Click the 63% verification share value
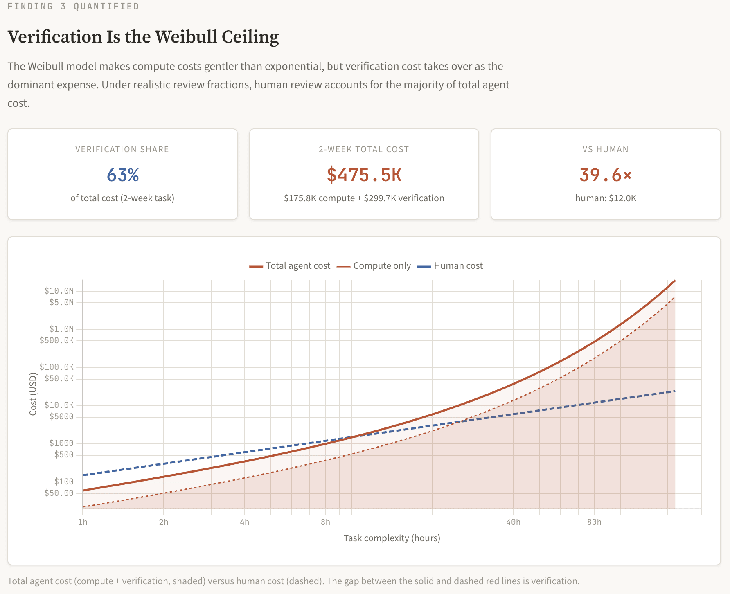(x=123, y=175)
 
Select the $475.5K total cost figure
(x=364, y=175)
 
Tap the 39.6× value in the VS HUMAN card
(x=605, y=175)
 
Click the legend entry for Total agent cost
(x=290, y=266)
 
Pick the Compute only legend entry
(x=374, y=266)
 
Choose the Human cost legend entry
(x=450, y=266)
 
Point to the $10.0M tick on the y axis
(x=59, y=291)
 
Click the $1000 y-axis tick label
(x=61, y=443)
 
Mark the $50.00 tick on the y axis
(x=59, y=493)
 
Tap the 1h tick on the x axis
(x=83, y=522)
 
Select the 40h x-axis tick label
(x=513, y=522)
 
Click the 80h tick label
(x=594, y=522)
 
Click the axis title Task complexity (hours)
(x=392, y=538)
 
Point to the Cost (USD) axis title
(x=33, y=394)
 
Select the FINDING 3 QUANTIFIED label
(x=73, y=7)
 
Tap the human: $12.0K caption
(x=606, y=198)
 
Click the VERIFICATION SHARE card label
(x=122, y=149)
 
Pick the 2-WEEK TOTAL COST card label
(x=364, y=149)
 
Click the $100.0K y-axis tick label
(x=56, y=367)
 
